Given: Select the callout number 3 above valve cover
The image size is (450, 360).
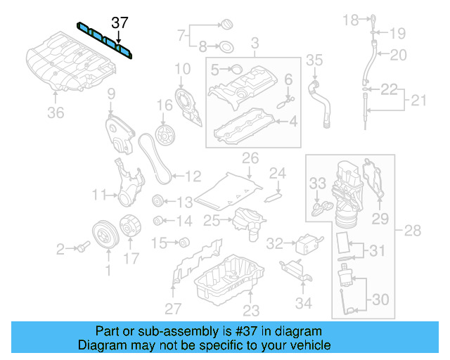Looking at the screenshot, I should coord(255,43).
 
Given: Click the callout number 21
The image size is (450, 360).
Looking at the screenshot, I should coord(419,101).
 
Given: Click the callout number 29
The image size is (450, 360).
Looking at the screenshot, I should coord(380,219).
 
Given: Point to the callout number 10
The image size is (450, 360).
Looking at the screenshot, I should coord(182,69).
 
